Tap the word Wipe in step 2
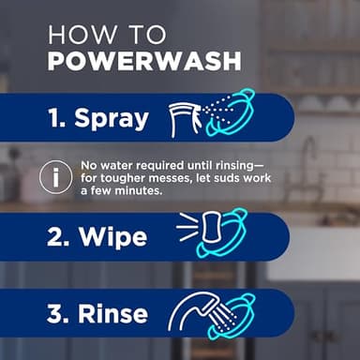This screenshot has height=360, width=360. pyautogui.click(x=112, y=236)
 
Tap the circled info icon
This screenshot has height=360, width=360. pyautogui.click(x=57, y=176)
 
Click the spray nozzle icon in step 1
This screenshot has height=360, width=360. pyautogui.click(x=185, y=118)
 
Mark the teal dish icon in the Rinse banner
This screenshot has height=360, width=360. pyautogui.click(x=231, y=314)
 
